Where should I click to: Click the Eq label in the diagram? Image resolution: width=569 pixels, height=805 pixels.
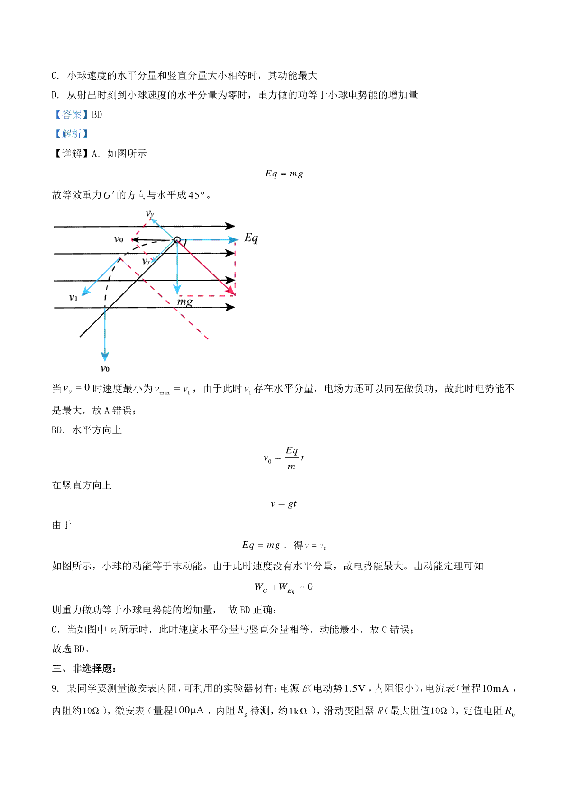tap(251, 238)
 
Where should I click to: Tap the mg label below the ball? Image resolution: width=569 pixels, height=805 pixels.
tap(185, 302)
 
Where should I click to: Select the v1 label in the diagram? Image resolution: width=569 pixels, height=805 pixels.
tap(73, 298)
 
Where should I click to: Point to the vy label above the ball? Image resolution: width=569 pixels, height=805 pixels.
tap(150, 213)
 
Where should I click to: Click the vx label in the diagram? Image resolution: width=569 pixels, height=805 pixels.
tap(147, 261)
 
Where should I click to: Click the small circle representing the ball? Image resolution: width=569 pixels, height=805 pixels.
tap(177, 240)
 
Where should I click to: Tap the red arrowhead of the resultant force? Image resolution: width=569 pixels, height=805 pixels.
tap(231, 291)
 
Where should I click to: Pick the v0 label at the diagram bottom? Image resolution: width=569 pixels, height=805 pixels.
tap(105, 368)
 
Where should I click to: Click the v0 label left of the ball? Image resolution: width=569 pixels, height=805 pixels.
tap(119, 239)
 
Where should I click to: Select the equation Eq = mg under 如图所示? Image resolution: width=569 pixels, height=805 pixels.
tap(284, 174)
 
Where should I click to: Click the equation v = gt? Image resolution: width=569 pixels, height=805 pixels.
tap(284, 504)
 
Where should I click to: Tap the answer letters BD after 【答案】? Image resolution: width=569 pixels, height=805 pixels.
tap(97, 115)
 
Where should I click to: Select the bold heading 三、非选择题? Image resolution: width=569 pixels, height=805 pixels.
tap(84, 668)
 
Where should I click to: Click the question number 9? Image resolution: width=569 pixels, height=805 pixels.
tap(55, 688)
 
